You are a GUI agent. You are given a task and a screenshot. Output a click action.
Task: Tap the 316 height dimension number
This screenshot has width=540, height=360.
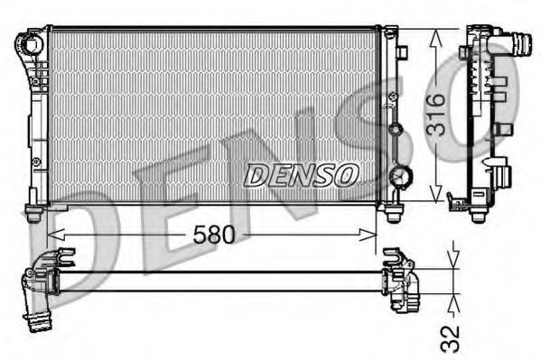coord(434,114)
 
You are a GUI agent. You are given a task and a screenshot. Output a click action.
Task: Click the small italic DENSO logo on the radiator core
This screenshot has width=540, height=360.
coord(301,174)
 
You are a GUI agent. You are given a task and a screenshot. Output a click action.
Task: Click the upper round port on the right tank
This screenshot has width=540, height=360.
coord(394,129)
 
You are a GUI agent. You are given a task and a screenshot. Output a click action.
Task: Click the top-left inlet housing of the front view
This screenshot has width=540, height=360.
coord(33,42)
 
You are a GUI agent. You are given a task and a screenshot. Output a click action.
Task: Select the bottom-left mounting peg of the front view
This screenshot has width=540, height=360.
coord(33,214)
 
